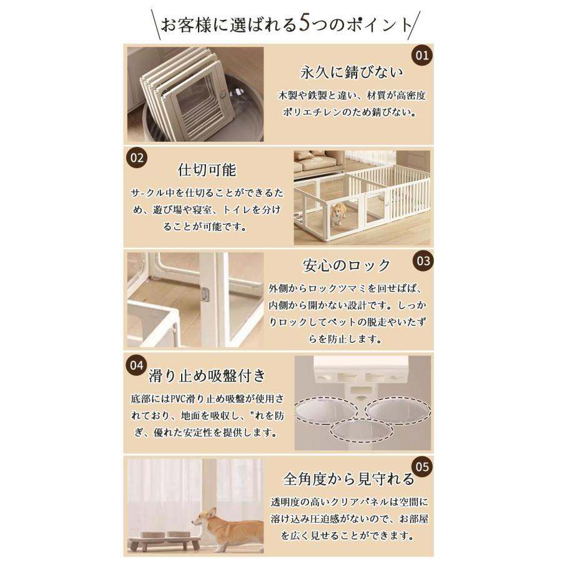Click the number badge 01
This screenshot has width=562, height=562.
pos(423,56)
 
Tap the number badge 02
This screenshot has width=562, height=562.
pos(137,158)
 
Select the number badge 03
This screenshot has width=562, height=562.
pos(423,260)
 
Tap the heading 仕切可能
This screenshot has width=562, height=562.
pos(207,170)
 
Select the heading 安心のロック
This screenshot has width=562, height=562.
pos(347,265)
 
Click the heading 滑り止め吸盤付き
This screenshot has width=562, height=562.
pos(207,376)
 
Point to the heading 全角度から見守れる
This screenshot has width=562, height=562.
pos(348,480)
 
